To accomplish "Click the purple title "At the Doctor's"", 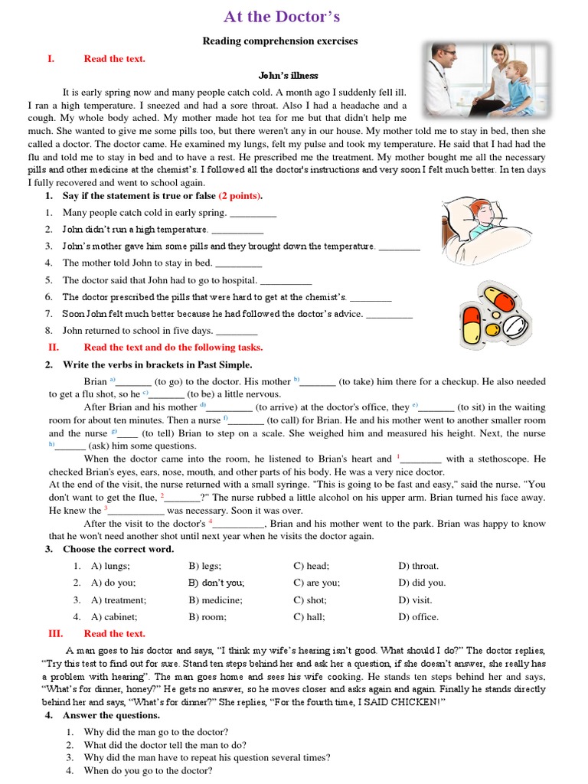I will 281,17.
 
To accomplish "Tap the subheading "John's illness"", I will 288,75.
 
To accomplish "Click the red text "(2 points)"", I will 240,196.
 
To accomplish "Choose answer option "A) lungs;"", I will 110,566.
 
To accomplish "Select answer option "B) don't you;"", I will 217,583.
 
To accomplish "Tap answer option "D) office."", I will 419,616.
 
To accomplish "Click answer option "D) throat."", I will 419,566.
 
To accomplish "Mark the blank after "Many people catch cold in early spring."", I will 253,214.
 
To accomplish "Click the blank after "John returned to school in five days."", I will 237,332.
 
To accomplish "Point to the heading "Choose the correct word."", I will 119,549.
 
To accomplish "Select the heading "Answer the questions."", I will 112,716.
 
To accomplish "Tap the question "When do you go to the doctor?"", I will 148,770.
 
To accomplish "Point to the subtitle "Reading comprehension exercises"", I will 279,41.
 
